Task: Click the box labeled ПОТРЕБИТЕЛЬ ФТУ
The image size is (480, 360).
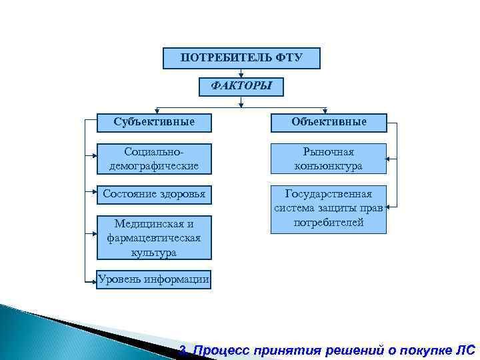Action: pyautogui.click(x=241, y=58)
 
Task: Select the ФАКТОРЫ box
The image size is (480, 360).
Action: pyautogui.click(x=241, y=87)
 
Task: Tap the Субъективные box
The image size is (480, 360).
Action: pyautogui.click(x=154, y=122)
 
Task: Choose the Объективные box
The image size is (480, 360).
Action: pyautogui.click(x=328, y=122)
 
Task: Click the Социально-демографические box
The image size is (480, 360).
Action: pyautogui.click(x=154, y=159)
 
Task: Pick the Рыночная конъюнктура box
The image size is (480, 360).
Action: pyautogui.click(x=328, y=159)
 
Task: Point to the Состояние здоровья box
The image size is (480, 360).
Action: pyautogui.click(x=154, y=194)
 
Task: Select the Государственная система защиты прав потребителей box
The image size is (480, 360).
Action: pyautogui.click(x=328, y=209)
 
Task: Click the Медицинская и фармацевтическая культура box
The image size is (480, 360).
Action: pyautogui.click(x=154, y=237)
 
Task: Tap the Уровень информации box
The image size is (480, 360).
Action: pyautogui.click(x=154, y=279)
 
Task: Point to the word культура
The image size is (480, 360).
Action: pyautogui.click(x=154, y=252)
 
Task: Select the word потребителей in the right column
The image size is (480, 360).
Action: pyautogui.click(x=328, y=223)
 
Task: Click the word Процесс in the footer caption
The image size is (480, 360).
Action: pyautogui.click(x=222, y=350)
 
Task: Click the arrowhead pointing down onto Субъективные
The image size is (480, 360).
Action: pyautogui.click(x=156, y=110)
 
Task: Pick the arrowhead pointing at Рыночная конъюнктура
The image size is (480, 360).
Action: pyautogui.click(x=390, y=159)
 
